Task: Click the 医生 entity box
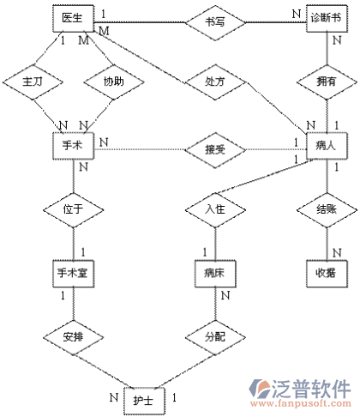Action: click(x=73, y=18)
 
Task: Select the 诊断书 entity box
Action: click(x=327, y=18)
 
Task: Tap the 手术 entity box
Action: click(x=73, y=146)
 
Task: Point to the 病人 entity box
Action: click(x=327, y=146)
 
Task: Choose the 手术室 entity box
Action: click(x=73, y=274)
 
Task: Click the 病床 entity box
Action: click(x=215, y=274)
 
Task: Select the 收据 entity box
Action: click(x=327, y=274)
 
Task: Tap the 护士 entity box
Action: click(x=144, y=401)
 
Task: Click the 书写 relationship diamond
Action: click(x=215, y=22)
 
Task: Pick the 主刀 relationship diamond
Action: click(x=33, y=82)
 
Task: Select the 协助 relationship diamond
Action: click(x=114, y=82)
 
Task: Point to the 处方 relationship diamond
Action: click(x=215, y=82)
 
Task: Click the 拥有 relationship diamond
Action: click(x=327, y=82)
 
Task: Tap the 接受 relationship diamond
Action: click(x=215, y=149)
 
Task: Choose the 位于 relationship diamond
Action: click(x=73, y=209)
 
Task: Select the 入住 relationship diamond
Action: click(x=215, y=209)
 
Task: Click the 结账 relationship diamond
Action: click(x=327, y=209)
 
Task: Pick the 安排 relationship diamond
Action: click(x=73, y=337)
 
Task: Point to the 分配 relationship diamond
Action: click(x=215, y=337)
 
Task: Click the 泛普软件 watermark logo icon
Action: click(x=259, y=388)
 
